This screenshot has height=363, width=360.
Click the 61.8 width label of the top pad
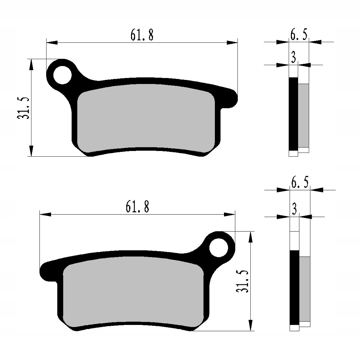(x=142, y=35)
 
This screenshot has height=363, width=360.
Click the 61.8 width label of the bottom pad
(x=137, y=207)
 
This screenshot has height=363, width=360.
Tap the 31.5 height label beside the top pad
(x=24, y=108)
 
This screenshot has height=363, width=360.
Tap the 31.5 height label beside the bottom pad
(x=243, y=281)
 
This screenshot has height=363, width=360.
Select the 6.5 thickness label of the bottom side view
(x=300, y=182)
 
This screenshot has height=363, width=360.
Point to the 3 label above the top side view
(x=293, y=58)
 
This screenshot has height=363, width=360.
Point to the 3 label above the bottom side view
(x=294, y=209)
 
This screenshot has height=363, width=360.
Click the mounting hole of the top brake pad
(x=63, y=75)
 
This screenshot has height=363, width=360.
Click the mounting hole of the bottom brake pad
(x=219, y=248)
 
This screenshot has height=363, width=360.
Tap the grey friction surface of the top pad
(x=146, y=118)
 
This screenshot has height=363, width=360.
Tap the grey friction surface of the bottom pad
(x=132, y=291)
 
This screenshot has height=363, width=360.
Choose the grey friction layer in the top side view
(x=303, y=115)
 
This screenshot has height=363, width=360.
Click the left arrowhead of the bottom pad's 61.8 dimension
(x=45, y=214)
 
